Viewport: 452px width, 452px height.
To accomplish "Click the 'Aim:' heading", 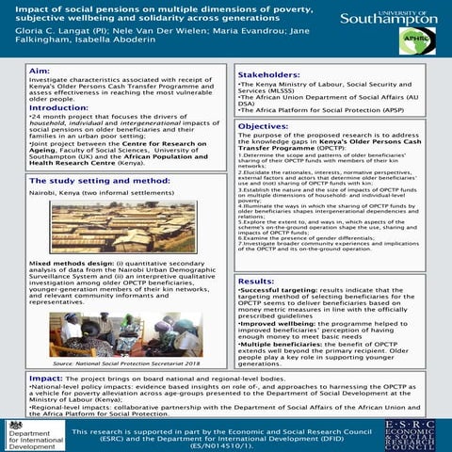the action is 41,71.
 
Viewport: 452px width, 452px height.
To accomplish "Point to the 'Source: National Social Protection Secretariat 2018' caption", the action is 120,362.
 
